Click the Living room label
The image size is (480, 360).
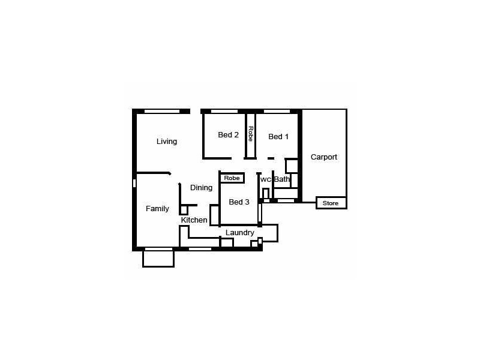[167, 142]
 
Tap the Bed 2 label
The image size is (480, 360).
[228, 135]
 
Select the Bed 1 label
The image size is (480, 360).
[278, 137]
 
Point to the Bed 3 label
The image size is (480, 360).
[239, 202]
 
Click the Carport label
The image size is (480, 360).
[324, 157]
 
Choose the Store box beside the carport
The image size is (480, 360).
[331, 203]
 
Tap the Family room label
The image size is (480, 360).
[157, 209]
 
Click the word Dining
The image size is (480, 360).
[201, 188]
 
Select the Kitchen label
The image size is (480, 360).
[194, 220]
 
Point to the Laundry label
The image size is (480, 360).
[240, 233]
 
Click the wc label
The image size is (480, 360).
[266, 179]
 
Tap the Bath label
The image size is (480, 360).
[282, 179]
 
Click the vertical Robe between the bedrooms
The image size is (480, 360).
[250, 134]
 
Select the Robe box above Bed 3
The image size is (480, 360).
[232, 178]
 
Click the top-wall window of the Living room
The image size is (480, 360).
[162, 111]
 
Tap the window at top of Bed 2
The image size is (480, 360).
[224, 111]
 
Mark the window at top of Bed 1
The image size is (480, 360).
[277, 111]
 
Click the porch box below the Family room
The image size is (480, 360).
[158, 258]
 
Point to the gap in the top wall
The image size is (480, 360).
[195, 111]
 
